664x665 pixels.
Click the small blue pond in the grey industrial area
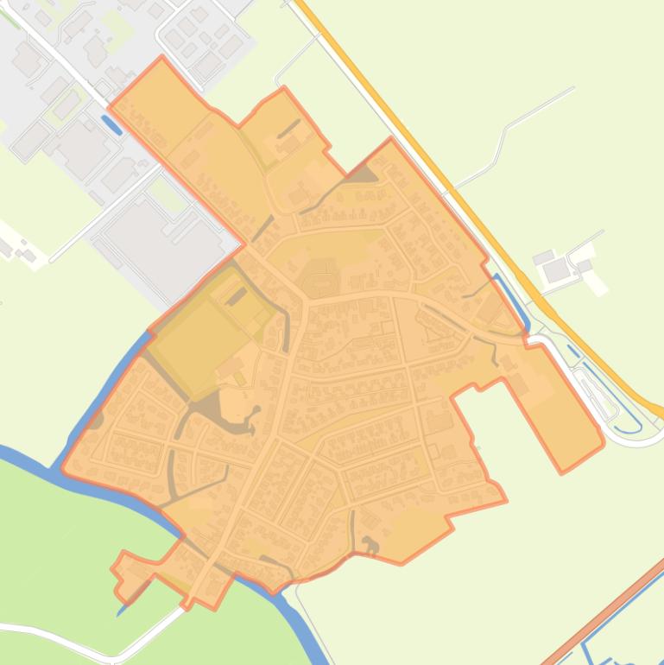point(111,124)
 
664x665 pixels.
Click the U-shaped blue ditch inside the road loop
point(626,419)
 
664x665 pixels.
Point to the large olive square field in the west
point(197,324)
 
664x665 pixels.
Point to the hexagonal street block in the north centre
point(321,278)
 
